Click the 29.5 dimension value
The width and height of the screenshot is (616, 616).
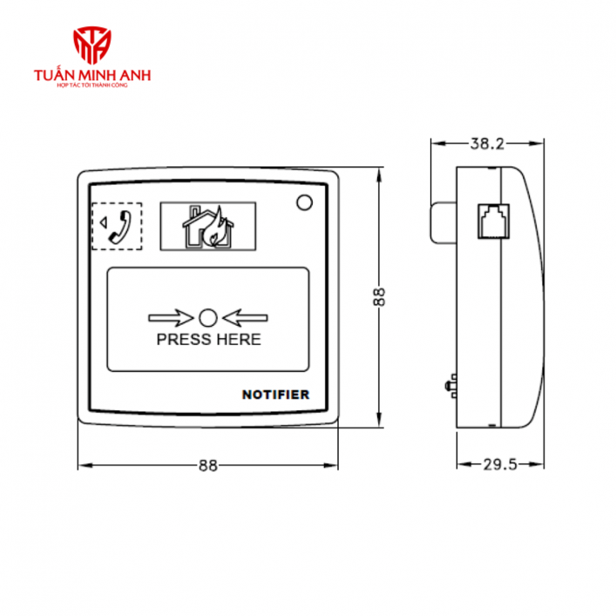click(499, 464)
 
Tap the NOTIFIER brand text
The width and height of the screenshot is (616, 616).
click(275, 395)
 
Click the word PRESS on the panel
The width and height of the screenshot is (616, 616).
click(181, 339)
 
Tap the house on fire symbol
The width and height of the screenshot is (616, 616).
click(207, 228)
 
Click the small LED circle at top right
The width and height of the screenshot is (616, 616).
click(304, 203)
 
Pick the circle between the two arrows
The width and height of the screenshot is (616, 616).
click(208, 317)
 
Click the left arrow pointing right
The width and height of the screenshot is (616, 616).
click(171, 317)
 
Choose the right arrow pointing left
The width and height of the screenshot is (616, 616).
click(246, 317)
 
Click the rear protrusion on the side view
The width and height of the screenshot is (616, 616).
click(443, 223)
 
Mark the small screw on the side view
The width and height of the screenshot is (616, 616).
click(451, 383)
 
